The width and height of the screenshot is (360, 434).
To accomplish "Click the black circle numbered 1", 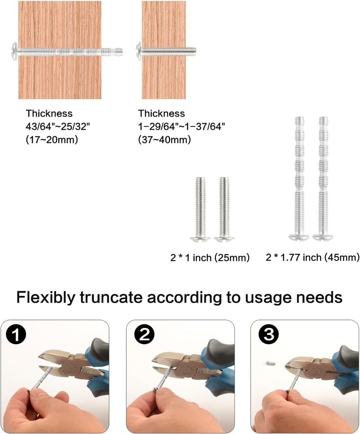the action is pyautogui.click(x=16, y=334).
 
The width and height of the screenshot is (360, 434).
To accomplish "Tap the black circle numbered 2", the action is pyautogui.click(x=145, y=334).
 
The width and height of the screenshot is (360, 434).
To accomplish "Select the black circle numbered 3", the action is pyautogui.click(x=268, y=334).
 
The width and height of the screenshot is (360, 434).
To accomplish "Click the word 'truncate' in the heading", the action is pyautogui.click(x=111, y=298).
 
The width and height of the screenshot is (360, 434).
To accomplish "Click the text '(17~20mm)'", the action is pyautogui.click(x=52, y=139).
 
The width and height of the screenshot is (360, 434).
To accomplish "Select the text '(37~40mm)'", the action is pyautogui.click(x=165, y=139).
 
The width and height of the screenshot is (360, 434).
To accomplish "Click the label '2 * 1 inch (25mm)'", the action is pyautogui.click(x=210, y=258).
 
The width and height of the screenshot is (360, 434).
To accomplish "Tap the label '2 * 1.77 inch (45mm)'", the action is pyautogui.click(x=313, y=258).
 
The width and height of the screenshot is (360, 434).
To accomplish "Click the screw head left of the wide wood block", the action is pyautogui.click(x=15, y=51).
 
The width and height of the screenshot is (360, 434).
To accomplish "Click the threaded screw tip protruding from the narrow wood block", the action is pyautogui.click(x=191, y=51).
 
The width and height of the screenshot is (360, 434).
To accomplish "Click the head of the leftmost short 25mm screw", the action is pyautogui.click(x=200, y=239).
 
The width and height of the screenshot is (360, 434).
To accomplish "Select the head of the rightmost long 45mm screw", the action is pyautogui.click(x=323, y=237).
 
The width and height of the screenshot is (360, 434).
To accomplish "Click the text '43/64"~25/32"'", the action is pyautogui.click(x=58, y=126).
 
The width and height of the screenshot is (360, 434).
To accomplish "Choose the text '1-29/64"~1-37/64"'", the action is pyautogui.click(x=181, y=126).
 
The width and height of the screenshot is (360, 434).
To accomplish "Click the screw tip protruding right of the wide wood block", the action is pyautogui.click(x=112, y=51).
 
